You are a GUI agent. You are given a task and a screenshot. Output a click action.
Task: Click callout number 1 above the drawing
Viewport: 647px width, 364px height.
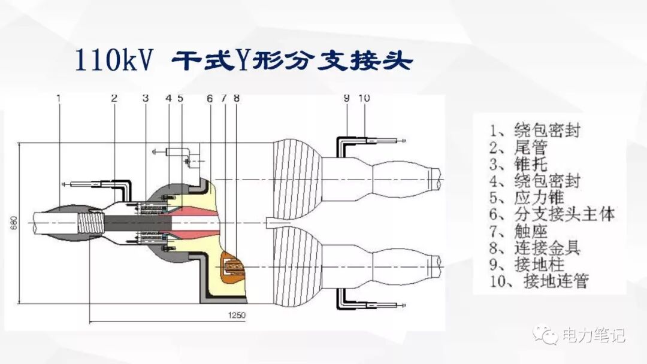tap(59, 98)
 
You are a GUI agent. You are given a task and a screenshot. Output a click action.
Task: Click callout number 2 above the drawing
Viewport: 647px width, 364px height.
tap(113, 98)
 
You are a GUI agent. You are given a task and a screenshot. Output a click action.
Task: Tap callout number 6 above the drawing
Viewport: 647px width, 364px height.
tap(210, 98)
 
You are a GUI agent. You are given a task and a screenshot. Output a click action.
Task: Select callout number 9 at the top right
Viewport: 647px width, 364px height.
tap(346, 98)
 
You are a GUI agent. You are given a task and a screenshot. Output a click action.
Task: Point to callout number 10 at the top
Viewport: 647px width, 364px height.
tap(364, 98)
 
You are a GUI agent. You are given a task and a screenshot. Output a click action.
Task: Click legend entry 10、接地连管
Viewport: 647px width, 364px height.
tap(538, 280)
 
